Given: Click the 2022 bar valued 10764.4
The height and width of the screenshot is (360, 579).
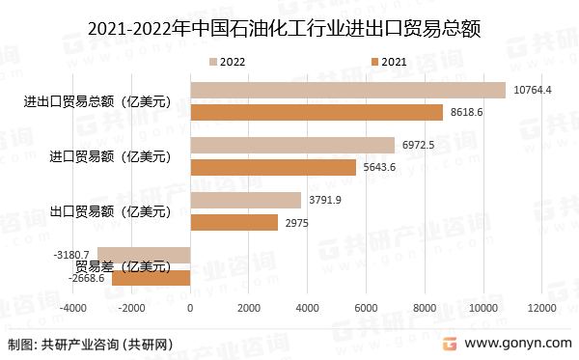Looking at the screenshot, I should [x=347, y=90].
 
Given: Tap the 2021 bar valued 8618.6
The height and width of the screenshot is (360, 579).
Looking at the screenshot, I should [x=317, y=113].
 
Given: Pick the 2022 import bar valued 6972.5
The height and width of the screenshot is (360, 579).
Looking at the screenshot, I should [x=292, y=145].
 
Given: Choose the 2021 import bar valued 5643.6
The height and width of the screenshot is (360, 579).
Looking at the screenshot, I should [x=273, y=167].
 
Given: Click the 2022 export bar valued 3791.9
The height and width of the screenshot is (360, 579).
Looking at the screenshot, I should [x=245, y=200].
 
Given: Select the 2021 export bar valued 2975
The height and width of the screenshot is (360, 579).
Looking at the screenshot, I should [x=234, y=223].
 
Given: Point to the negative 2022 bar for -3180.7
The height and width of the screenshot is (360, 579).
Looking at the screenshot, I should [x=144, y=255].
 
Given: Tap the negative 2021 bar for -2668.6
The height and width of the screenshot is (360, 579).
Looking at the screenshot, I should [x=152, y=278].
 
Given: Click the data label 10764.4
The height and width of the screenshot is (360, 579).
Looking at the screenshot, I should [x=533, y=90].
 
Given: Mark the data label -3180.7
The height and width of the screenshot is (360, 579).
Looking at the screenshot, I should [x=71, y=255].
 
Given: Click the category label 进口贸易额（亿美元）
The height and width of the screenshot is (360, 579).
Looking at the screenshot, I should [x=109, y=155].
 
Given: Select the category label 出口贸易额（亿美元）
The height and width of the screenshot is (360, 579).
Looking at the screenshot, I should [x=109, y=210].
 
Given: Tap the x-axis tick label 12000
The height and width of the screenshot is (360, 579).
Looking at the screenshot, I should [x=542, y=308].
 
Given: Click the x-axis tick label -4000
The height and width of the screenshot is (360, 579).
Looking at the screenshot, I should [x=72, y=308].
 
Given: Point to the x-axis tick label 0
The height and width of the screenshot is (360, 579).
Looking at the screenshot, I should [x=190, y=308].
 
